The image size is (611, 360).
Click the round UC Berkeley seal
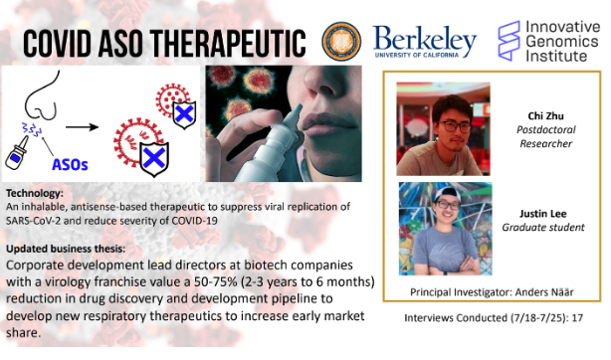[342, 42]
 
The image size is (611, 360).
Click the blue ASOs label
[69, 162]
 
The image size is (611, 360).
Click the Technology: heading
[37, 192]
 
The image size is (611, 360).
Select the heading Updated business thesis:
[76, 246]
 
